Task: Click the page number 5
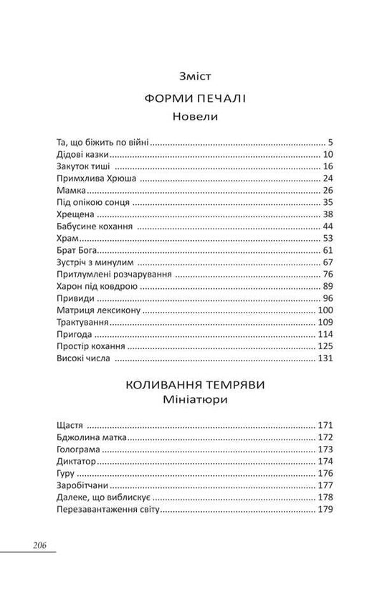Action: [x=330, y=142]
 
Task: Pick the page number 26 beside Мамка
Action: [x=328, y=191]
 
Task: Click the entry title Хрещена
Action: [x=77, y=215]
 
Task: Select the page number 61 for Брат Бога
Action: [x=328, y=251]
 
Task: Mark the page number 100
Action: [x=325, y=311]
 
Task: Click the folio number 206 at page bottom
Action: [x=39, y=545]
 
